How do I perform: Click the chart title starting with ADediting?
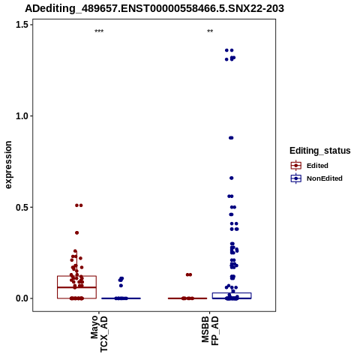(154, 9)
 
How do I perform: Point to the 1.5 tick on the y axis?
(22, 25)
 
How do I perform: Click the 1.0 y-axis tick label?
(22, 116)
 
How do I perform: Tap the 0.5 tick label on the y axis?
(22, 207)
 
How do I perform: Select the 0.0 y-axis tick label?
(22, 298)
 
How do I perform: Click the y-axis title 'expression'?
(8, 165)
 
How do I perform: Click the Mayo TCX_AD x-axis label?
(99, 334)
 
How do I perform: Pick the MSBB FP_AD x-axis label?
(210, 331)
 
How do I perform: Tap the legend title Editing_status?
(320, 151)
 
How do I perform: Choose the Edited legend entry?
(310, 166)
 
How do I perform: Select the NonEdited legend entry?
(316, 178)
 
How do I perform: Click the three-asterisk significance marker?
(99, 31)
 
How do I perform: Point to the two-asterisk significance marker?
(210, 31)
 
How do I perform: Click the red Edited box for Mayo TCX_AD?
(76, 276)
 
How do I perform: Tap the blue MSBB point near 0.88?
(231, 138)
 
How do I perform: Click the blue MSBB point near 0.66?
(232, 178)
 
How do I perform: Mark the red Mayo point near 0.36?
(77, 232)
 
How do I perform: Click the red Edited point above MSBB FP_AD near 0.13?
(189, 274)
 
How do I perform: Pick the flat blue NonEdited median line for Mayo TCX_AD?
(121, 298)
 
